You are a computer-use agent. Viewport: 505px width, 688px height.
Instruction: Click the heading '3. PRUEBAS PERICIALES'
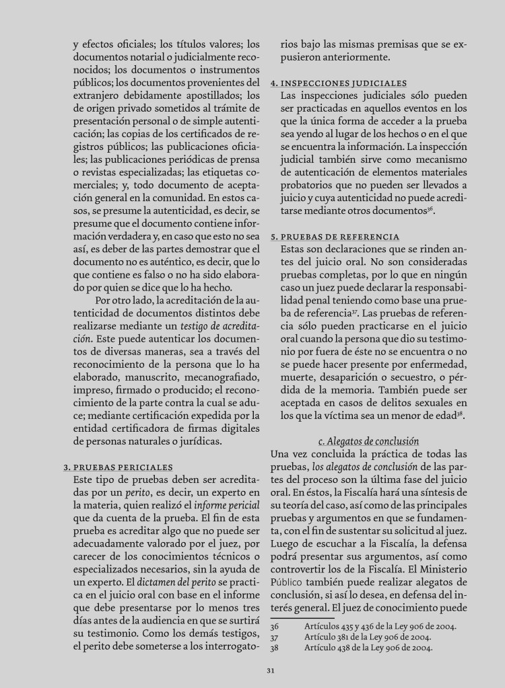(118, 467)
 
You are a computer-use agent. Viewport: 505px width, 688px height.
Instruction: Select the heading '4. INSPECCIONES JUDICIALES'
(338, 83)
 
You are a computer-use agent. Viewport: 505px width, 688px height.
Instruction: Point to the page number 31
(270, 669)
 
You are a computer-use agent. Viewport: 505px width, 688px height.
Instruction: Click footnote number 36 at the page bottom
(275, 625)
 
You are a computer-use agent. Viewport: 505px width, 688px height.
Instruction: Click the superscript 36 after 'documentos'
(430, 209)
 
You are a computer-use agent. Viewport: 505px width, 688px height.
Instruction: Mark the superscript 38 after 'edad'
(462, 413)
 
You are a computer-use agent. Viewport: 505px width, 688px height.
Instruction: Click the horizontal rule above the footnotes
(302, 617)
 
